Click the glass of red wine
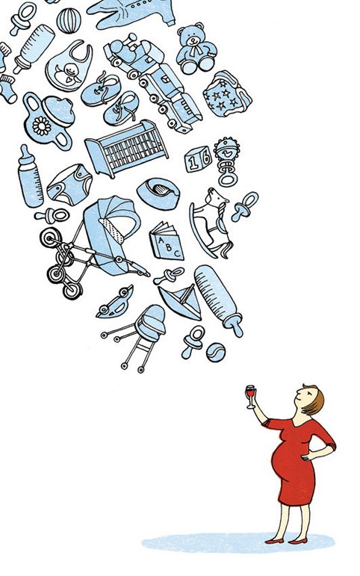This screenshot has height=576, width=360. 250,396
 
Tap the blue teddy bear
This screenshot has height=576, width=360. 196,49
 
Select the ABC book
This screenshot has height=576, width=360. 167,241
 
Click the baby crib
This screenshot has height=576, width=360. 127,148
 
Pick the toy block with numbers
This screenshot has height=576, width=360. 199,159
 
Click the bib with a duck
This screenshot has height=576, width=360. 69,66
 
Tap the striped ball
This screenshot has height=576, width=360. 69,21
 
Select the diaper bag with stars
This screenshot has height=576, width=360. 226,94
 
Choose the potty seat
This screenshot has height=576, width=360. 158,193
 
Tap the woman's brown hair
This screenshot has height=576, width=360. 314,400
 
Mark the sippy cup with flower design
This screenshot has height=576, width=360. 49,120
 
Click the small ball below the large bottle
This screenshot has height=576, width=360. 216,353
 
